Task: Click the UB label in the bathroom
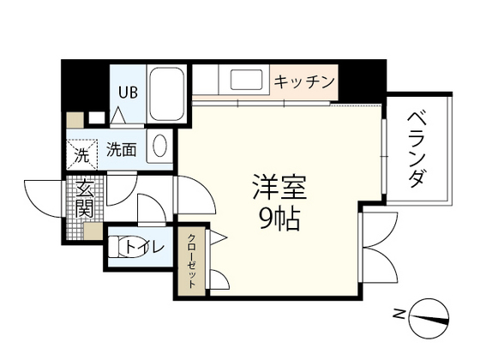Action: pos(125,92)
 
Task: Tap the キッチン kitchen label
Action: pos(303,82)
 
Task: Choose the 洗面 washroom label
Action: pos(122,150)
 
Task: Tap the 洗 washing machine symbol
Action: pos(81,155)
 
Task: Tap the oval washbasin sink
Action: pos(160,147)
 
